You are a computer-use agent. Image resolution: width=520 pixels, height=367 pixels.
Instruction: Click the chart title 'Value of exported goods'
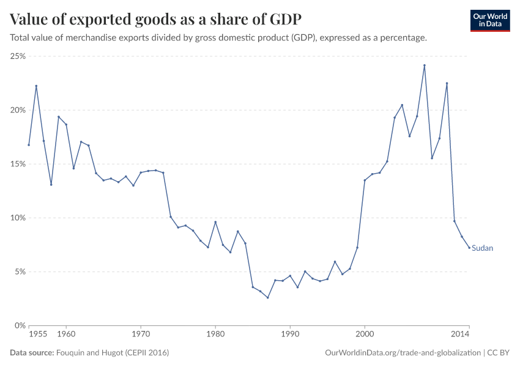[x=155, y=19]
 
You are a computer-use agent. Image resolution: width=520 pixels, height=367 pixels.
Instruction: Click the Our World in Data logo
[x=489, y=20]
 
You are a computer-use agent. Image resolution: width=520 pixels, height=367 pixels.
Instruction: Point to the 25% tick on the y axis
[x=17, y=56]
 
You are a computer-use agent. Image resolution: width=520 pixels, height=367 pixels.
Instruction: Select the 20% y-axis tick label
[x=17, y=110]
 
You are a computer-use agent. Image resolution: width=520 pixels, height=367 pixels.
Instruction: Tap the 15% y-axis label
[x=17, y=164]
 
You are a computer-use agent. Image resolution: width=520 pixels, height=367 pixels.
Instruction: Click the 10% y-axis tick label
[x=17, y=218]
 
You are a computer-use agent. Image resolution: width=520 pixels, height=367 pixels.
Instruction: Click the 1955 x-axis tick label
[x=37, y=335]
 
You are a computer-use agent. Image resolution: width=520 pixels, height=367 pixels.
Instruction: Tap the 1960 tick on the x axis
[x=66, y=335]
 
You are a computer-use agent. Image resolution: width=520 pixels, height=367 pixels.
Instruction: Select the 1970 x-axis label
[x=141, y=335]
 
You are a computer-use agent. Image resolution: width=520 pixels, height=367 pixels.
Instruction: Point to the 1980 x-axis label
[x=215, y=335]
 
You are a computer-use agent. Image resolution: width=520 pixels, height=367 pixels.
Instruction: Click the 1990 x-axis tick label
[x=290, y=335]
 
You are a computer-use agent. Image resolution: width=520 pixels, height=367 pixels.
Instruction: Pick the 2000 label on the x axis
[x=365, y=335]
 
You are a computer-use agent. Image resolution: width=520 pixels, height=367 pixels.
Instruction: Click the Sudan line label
[x=482, y=248]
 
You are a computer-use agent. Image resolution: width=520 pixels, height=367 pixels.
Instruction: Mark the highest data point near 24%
[x=425, y=65]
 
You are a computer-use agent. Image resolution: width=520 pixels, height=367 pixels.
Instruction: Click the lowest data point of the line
[x=268, y=298]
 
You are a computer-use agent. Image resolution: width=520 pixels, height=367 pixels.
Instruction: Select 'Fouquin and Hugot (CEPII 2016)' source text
[x=113, y=353]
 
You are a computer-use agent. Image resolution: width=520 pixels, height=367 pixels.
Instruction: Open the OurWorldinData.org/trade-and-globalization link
[x=404, y=353]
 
